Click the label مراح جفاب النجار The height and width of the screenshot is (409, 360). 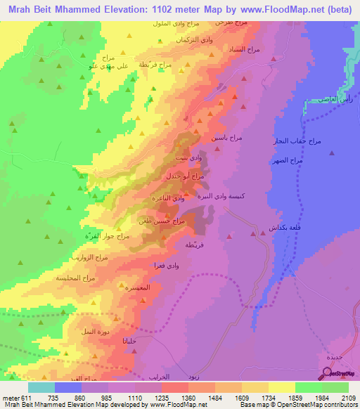pos(297,142)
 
